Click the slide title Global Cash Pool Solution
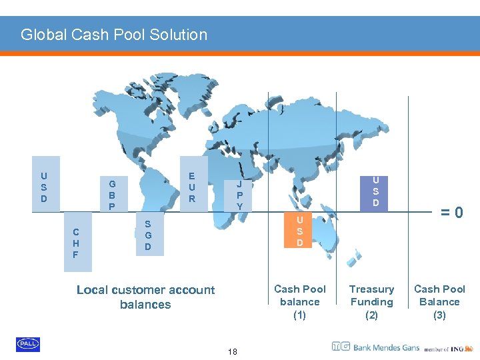point(114,35)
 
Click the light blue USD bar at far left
point(45,184)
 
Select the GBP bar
point(112,195)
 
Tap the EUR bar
point(193,184)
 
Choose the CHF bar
point(77,243)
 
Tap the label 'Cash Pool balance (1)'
point(300,302)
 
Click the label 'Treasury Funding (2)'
point(372,302)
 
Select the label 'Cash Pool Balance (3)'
point(439,302)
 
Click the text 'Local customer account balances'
point(145,297)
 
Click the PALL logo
point(28,344)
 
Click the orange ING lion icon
point(469,347)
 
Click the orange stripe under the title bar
point(240,53)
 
